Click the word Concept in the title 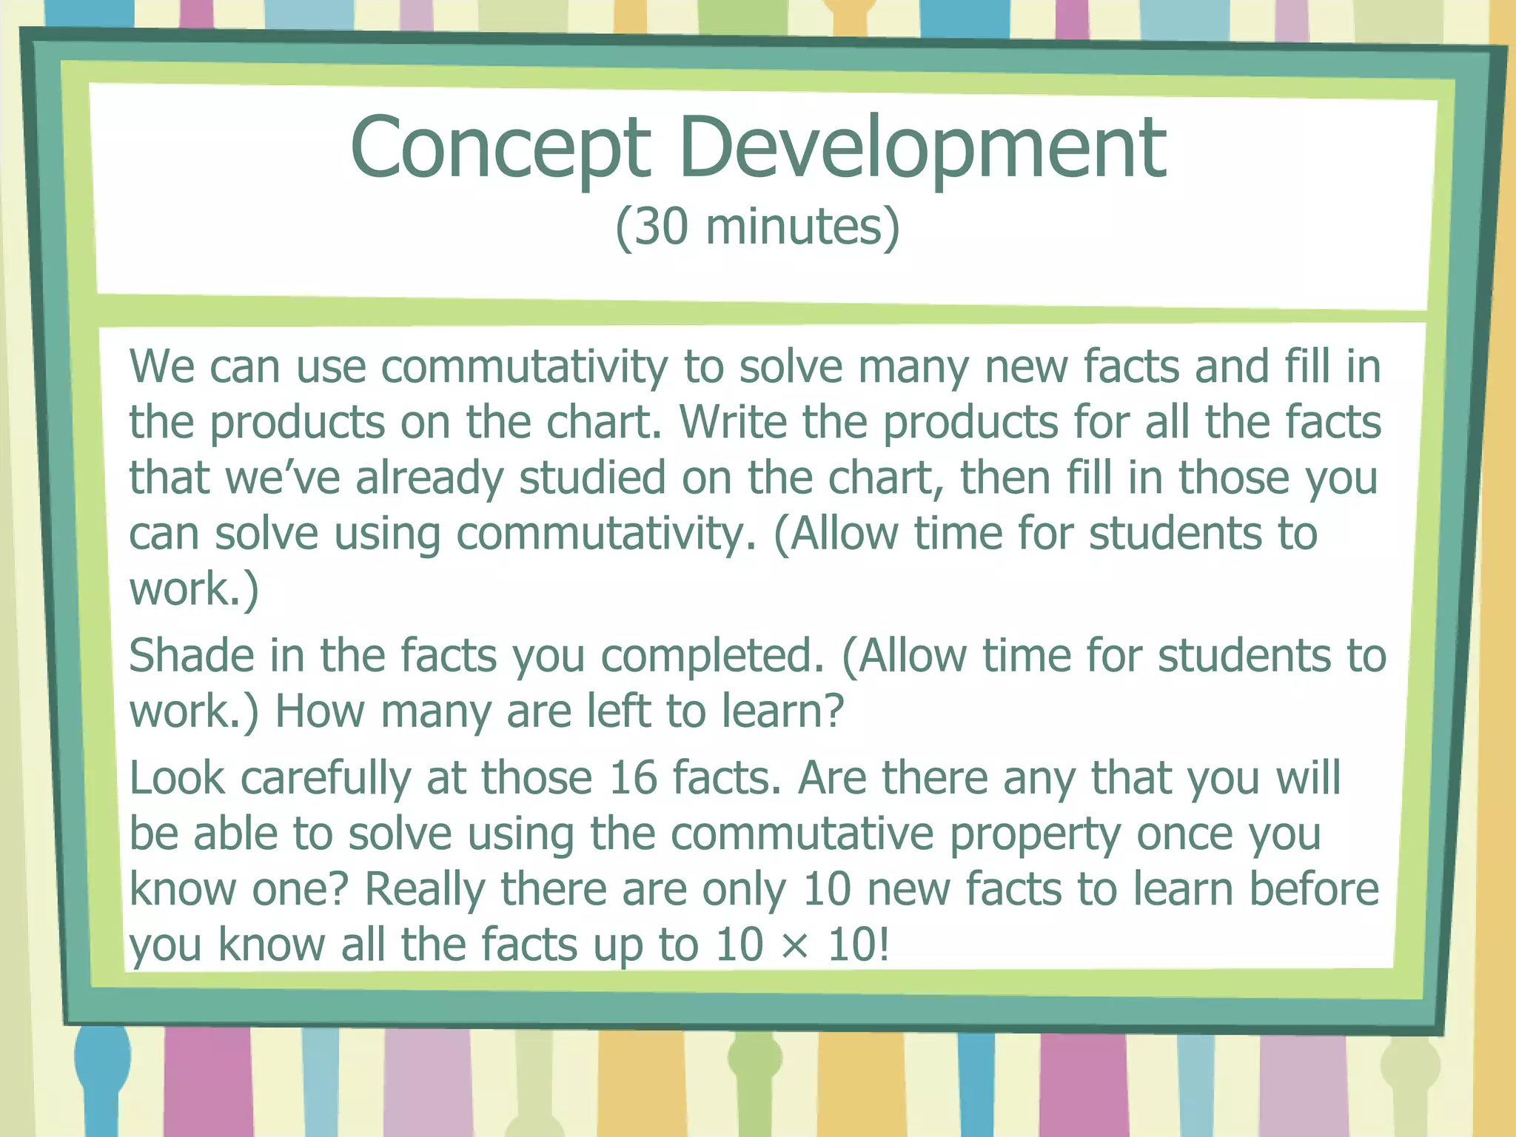click(500, 148)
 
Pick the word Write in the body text click(733, 422)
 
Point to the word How click(319, 711)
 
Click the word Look click(177, 779)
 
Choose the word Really click(424, 891)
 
